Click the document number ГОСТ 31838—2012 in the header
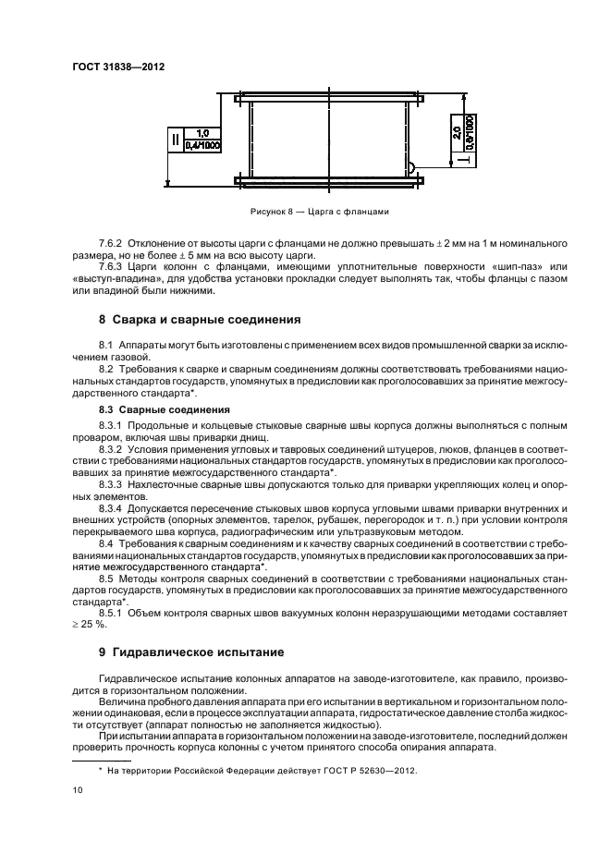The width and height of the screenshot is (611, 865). click(111, 67)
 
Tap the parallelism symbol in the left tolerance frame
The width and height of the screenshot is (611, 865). click(173, 140)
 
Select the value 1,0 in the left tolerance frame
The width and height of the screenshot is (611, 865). click(202, 134)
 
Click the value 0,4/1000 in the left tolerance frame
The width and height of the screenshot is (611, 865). click(202, 146)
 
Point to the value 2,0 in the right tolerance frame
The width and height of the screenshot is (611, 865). click(458, 132)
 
